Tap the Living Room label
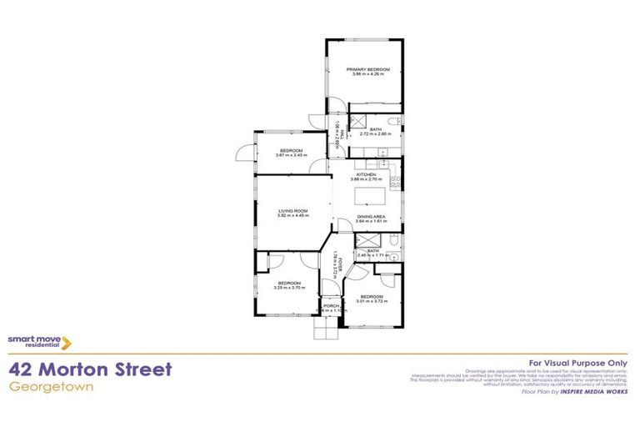[292, 212]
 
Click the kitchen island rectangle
[370, 197]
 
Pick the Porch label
[332, 307]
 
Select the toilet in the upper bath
[397, 123]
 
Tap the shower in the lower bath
[364, 241]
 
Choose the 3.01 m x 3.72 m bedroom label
[372, 299]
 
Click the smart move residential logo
[39, 341]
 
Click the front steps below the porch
[326, 330]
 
